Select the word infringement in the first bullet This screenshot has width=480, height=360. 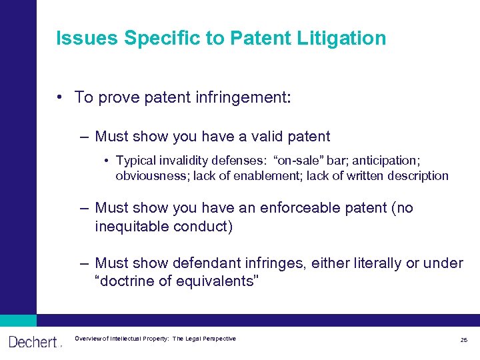(x=242, y=97)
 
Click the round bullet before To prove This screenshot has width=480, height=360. (x=60, y=97)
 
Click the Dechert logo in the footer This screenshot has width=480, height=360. (x=34, y=342)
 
